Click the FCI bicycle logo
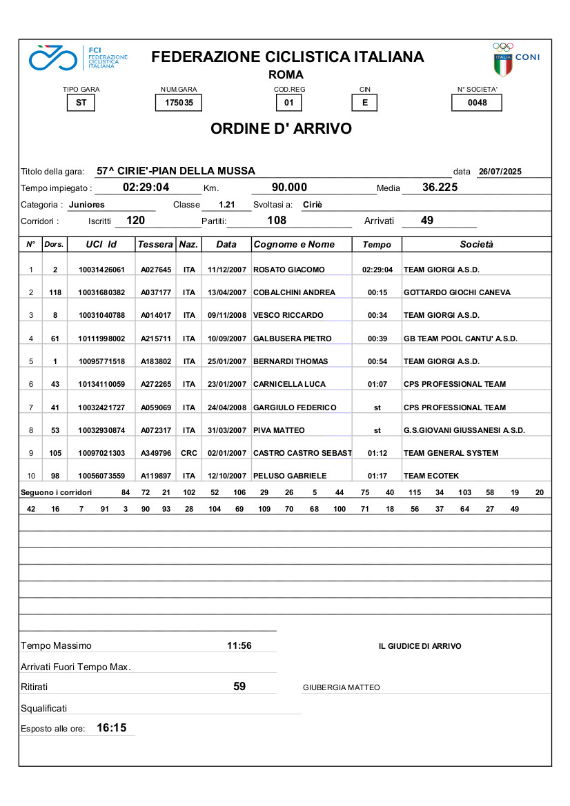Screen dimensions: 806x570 (52, 58)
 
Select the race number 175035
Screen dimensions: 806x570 (179, 103)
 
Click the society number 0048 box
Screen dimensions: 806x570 (477, 103)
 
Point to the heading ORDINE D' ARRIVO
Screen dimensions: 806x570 (281, 129)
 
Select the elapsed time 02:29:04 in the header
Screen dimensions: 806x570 (146, 188)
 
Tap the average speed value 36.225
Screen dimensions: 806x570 (440, 188)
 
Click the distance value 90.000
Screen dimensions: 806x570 (290, 188)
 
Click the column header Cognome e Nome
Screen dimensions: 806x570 (295, 245)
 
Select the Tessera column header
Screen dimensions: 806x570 (155, 245)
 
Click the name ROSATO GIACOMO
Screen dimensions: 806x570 (289, 270)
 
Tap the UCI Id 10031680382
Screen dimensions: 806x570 (101, 292)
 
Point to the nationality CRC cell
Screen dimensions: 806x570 (189, 453)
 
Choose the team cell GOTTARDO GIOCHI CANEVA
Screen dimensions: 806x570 (457, 292)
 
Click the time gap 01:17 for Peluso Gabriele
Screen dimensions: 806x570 (377, 476)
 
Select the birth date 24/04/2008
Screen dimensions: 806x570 (227, 407)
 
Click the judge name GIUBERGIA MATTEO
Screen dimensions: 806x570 (341, 687)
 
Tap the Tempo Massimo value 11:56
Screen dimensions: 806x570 (239, 646)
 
